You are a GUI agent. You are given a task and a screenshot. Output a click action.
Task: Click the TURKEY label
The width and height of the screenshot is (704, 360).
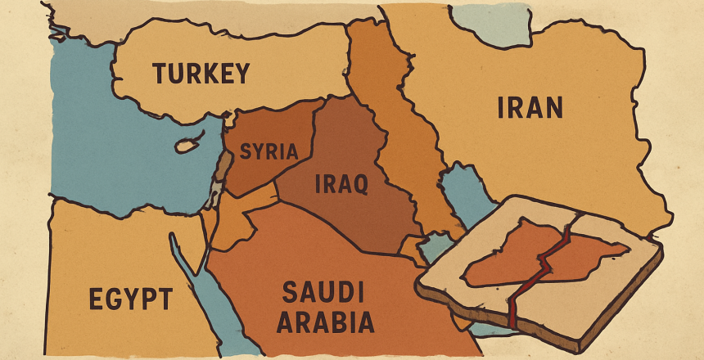pyautogui.click(x=200, y=74)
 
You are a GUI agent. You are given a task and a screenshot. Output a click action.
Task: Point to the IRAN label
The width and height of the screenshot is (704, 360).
pyautogui.click(x=530, y=108)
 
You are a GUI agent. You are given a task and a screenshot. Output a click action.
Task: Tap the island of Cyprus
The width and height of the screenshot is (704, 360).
pyautogui.click(x=187, y=146)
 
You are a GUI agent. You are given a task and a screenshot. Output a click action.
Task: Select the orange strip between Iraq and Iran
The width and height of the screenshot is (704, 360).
pyautogui.click(x=393, y=123)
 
